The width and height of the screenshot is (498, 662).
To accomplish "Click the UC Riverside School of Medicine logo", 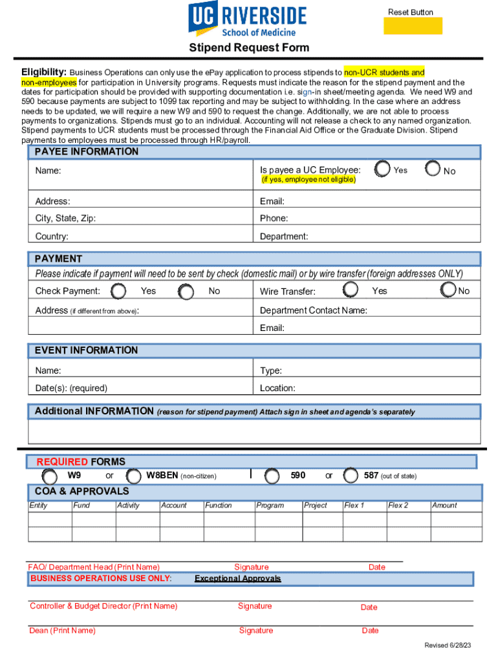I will click(x=247, y=19).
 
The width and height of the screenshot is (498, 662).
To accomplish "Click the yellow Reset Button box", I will click(x=413, y=26).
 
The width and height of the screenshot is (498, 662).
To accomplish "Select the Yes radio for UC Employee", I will click(x=383, y=169).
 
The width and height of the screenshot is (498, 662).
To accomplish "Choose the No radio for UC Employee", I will click(x=433, y=169).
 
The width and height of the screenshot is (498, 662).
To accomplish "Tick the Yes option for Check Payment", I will click(x=118, y=292).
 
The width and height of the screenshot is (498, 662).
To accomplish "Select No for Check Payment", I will click(x=186, y=292).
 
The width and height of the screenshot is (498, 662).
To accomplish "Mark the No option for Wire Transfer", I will click(x=448, y=291).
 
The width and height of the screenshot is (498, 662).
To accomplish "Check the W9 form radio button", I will click(x=49, y=476).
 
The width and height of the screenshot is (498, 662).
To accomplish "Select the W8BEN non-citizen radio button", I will click(x=134, y=476).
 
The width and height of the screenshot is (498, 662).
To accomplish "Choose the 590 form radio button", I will click(x=272, y=476).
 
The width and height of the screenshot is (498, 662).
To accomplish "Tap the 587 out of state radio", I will click(x=351, y=476).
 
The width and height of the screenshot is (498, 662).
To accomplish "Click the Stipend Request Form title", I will click(x=249, y=48).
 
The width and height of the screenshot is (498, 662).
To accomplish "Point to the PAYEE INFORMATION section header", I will click(x=87, y=152).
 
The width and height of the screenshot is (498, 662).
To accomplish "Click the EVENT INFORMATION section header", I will click(x=87, y=350).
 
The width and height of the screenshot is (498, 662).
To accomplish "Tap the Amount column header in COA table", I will click(x=444, y=506).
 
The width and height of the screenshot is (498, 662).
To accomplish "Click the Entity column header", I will click(x=39, y=506).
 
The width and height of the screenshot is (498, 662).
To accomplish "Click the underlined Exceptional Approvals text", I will click(x=237, y=579).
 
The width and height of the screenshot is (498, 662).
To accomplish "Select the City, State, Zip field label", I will click(x=66, y=219).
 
